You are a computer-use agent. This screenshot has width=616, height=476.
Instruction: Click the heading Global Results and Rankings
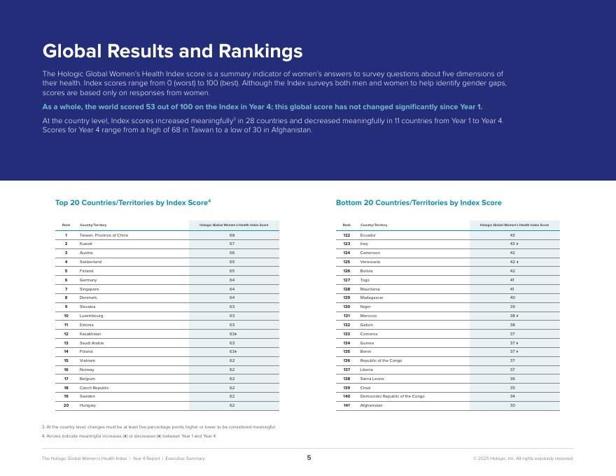[172, 51]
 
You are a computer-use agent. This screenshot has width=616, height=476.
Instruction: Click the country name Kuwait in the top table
[85, 244]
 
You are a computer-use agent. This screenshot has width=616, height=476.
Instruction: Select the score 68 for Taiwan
[232, 235]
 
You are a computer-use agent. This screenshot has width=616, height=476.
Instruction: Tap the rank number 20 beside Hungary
[66, 405]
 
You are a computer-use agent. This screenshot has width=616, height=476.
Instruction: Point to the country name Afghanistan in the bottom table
[371, 405]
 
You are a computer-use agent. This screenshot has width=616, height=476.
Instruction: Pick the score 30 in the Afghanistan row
[512, 405]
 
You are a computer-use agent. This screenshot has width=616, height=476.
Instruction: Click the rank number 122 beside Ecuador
[346, 235]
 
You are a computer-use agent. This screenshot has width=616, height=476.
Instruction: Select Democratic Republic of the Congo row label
[392, 396]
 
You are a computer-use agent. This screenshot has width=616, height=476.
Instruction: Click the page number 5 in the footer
[309, 458]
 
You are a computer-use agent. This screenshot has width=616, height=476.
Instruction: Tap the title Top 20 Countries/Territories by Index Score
[132, 203]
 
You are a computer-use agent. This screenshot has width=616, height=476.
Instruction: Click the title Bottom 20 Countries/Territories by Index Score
[419, 203]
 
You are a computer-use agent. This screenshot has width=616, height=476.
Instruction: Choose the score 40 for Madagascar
[512, 297]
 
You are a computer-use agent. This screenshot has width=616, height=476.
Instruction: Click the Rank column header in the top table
[66, 225]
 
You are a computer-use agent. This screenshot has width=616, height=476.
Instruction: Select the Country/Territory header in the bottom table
[373, 225]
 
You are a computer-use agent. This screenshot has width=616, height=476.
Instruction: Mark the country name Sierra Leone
[372, 379]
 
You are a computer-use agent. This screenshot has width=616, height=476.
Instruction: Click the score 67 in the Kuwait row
[232, 244]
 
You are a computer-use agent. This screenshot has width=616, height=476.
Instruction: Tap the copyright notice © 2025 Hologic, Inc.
[523, 458]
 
